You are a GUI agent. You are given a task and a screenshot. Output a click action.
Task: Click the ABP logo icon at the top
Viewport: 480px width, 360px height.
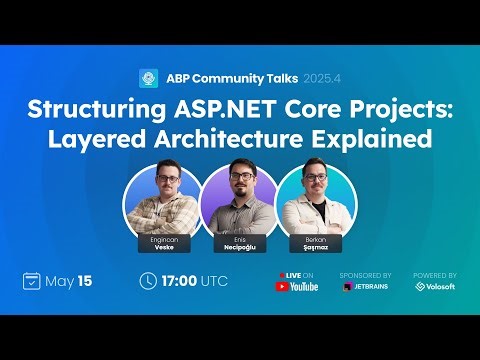(149, 78)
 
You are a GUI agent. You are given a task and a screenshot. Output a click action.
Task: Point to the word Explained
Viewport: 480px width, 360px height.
(379, 138)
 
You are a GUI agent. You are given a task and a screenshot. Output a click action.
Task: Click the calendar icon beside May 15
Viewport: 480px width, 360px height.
(31, 281)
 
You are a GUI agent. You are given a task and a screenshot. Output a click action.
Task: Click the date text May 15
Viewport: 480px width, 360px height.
(69, 281)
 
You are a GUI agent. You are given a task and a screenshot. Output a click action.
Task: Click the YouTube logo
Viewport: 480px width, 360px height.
(296, 287)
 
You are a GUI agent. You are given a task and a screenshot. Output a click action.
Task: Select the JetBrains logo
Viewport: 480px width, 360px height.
(365, 287)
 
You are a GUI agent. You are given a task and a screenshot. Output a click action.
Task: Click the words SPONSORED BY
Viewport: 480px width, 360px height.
(365, 274)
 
